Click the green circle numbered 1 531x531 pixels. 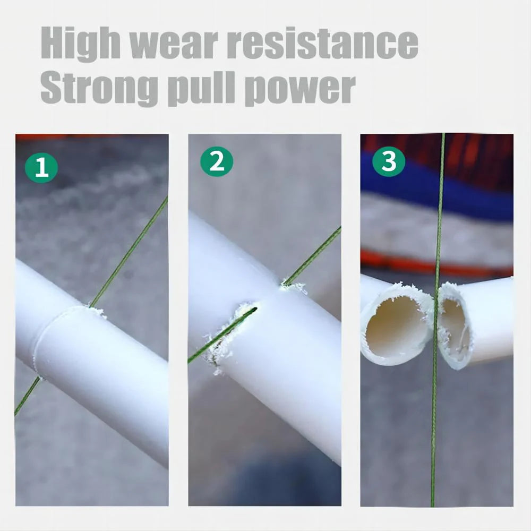(41, 167)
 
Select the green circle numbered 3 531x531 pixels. (389, 161)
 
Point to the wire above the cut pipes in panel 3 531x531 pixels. (440, 212)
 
